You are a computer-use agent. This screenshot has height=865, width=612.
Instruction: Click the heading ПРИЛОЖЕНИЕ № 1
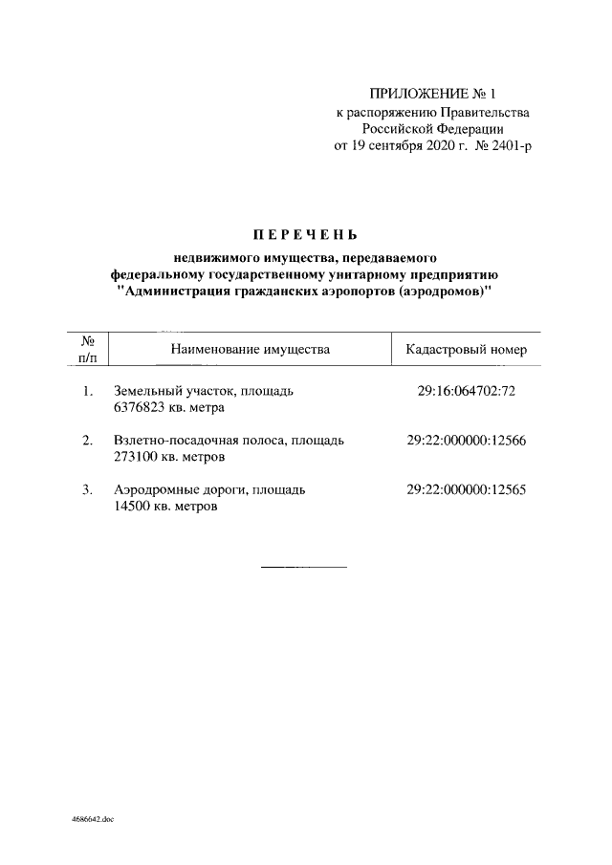click(433, 94)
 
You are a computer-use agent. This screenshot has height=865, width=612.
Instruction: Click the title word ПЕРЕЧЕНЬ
click(305, 234)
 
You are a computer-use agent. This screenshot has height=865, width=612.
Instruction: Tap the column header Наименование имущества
click(250, 350)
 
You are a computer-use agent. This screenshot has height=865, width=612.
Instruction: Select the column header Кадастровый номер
click(466, 350)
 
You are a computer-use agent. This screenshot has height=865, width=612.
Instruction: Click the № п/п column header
click(86, 350)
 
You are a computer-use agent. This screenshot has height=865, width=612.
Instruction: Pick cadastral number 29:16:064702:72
click(466, 391)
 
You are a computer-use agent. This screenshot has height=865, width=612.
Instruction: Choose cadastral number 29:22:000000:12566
click(466, 441)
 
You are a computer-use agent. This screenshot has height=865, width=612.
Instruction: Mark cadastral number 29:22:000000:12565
click(466, 490)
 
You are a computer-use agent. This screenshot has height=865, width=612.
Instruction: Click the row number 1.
click(87, 391)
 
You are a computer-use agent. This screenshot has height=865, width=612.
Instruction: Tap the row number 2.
click(87, 441)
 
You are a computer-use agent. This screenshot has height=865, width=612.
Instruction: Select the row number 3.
click(87, 490)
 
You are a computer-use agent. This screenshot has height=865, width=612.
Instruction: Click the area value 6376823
click(140, 408)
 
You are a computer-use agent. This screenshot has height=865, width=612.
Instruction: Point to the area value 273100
click(136, 458)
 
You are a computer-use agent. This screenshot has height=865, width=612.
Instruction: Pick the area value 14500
click(132, 508)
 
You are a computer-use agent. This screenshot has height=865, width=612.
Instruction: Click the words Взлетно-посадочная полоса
click(197, 441)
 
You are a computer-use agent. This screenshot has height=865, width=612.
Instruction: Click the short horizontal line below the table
click(304, 568)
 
